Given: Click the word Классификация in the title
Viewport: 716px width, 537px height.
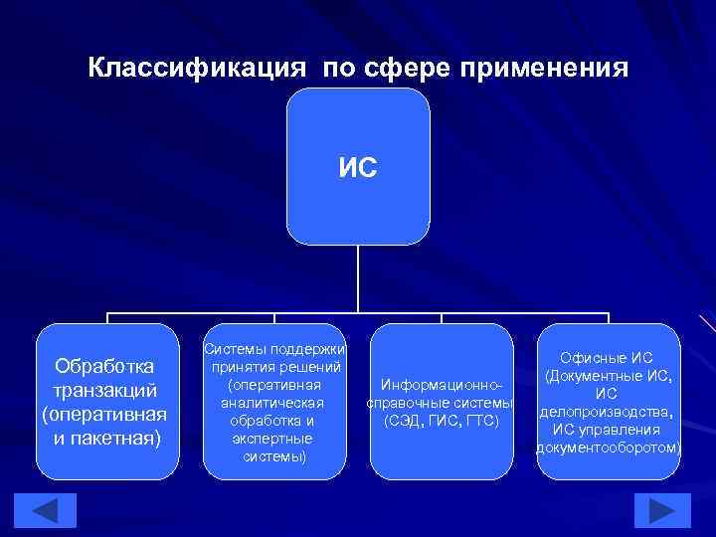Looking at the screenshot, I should coord(198,69).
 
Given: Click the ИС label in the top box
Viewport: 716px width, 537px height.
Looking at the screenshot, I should coord(358,168).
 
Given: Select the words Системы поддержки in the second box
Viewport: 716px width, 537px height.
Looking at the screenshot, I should coord(274,349).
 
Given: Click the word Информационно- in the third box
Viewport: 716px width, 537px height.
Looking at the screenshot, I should coord(441,385).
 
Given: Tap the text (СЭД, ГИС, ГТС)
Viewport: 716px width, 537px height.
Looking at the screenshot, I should coord(441,421).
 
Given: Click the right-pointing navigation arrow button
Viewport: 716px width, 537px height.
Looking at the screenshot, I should coord(661,510).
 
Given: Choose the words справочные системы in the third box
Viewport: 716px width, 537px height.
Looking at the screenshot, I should coord(441,403).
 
